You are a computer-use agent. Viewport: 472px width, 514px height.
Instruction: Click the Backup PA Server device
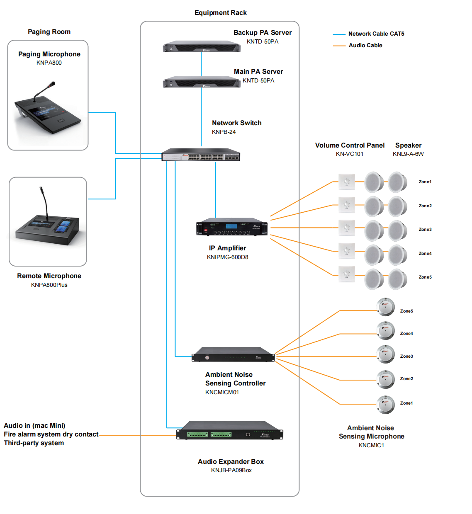click(202, 46)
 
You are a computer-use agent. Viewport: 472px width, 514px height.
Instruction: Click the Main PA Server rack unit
click(202, 82)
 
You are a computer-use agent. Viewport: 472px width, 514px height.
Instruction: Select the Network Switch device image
click(201, 155)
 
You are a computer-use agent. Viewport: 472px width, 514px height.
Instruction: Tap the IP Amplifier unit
click(232, 227)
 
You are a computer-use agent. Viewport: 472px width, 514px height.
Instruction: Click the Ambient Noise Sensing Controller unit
click(233, 354)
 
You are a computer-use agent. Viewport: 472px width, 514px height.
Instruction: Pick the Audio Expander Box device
click(230, 431)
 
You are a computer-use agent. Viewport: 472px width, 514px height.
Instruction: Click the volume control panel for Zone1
click(346, 182)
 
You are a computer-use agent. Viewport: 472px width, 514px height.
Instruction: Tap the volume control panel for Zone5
click(346, 274)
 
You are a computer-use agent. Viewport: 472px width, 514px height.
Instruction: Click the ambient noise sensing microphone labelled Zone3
click(386, 354)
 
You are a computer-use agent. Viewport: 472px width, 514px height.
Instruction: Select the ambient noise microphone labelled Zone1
click(386, 404)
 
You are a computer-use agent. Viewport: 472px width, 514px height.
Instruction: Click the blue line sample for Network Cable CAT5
click(339, 34)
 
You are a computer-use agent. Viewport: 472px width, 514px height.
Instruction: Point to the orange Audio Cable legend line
click(339, 46)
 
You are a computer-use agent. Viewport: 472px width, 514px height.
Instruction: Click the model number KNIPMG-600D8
click(227, 257)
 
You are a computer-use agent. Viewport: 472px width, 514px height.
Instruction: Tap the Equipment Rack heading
click(220, 13)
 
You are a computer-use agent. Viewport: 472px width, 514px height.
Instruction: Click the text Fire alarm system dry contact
click(51, 434)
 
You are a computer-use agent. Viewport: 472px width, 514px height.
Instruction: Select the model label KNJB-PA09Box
click(231, 470)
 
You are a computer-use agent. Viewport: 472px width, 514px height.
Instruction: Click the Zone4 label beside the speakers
click(425, 253)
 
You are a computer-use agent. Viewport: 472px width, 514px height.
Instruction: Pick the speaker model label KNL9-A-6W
click(408, 154)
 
